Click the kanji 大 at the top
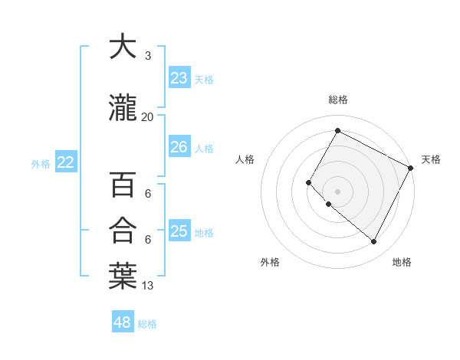tap(123, 47)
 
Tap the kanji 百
tap(123, 185)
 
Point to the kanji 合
tap(123, 230)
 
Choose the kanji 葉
tap(123, 277)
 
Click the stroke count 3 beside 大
tap(147, 56)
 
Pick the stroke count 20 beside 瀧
tap(147, 117)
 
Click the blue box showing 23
tap(179, 78)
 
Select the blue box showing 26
tap(179, 147)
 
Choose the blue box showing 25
tap(179, 231)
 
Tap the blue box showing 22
tap(66, 162)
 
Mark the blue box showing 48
tap(123, 322)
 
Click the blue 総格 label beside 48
tap(147, 324)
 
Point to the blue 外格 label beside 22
tap(41, 163)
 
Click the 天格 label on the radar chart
tap(431, 159)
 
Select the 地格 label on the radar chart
tap(402, 262)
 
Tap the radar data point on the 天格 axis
tap(411, 168)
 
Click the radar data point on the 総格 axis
tap(337, 130)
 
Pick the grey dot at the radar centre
tap(337, 191)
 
